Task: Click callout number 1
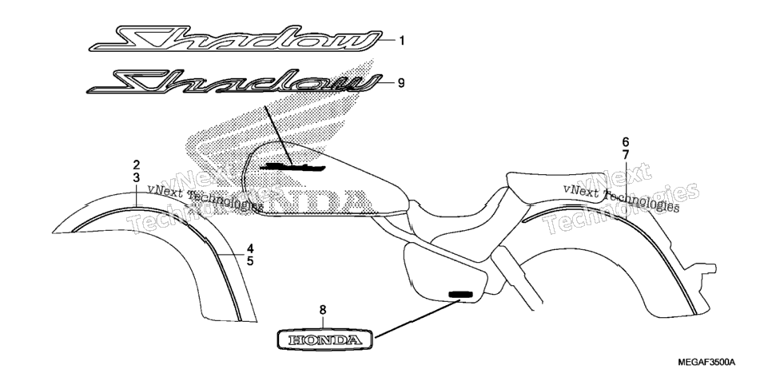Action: point(402,41)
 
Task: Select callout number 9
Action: point(401,83)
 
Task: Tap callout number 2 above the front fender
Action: point(137,165)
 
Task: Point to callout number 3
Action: point(137,178)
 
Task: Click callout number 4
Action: point(250,248)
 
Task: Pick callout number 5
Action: point(250,261)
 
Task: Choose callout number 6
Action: point(625,142)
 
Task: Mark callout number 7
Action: point(625,155)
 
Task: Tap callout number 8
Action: point(323,310)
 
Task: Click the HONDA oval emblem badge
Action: point(324,339)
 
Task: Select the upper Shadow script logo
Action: point(235,39)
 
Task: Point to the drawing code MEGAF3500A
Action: point(706,363)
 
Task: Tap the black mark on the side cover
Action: point(460,295)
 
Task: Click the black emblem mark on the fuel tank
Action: point(292,167)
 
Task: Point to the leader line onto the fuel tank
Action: point(277,135)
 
